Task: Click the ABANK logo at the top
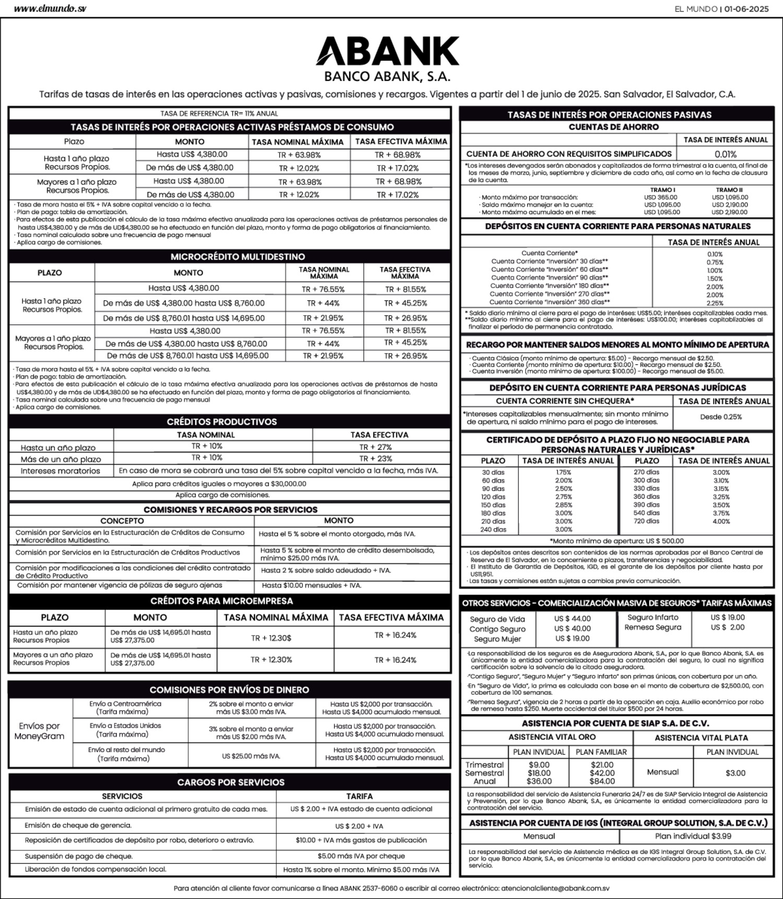(x=387, y=51)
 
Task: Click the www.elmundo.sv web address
(x=50, y=9)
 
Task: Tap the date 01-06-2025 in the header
(x=746, y=9)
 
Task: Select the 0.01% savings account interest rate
(x=725, y=154)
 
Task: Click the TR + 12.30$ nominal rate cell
(x=271, y=638)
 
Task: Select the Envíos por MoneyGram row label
(x=39, y=731)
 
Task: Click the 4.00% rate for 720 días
(x=721, y=521)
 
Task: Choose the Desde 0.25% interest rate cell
(x=721, y=417)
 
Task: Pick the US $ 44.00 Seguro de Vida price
(x=573, y=618)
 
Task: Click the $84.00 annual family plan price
(x=602, y=781)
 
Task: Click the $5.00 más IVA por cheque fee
(x=361, y=856)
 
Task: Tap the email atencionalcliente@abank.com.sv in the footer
(x=555, y=888)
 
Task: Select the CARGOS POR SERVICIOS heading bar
(x=231, y=782)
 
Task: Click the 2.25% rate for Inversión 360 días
(x=715, y=303)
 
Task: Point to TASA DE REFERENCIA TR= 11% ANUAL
(x=219, y=113)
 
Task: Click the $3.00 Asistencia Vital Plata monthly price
(x=735, y=773)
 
